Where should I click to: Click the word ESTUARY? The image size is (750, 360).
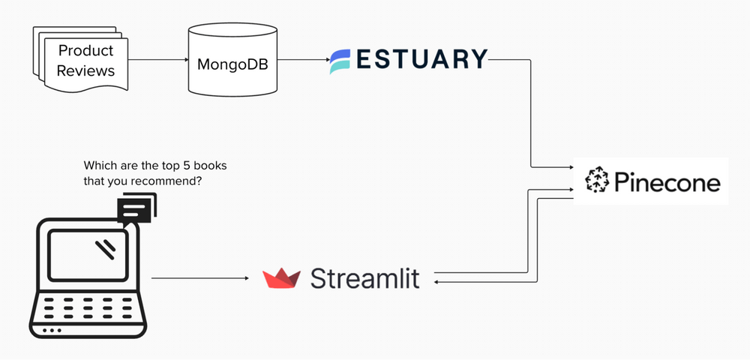(422, 58)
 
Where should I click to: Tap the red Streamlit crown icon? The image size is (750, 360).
(281, 278)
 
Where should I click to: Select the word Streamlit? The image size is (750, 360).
(364, 278)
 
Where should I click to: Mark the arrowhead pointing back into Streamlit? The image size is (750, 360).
(438, 283)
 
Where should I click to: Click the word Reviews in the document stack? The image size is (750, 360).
(85, 70)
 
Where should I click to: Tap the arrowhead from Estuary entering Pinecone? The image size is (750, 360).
(571, 166)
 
